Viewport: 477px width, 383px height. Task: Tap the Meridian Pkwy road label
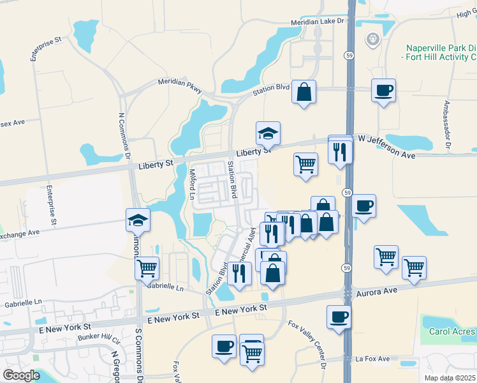pos(180,85)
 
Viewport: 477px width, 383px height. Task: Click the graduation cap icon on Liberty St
pos(268,133)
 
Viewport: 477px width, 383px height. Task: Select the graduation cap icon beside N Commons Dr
pos(138,220)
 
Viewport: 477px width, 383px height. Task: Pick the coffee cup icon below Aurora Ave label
pos(339,316)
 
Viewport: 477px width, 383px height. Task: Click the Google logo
pos(21,375)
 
